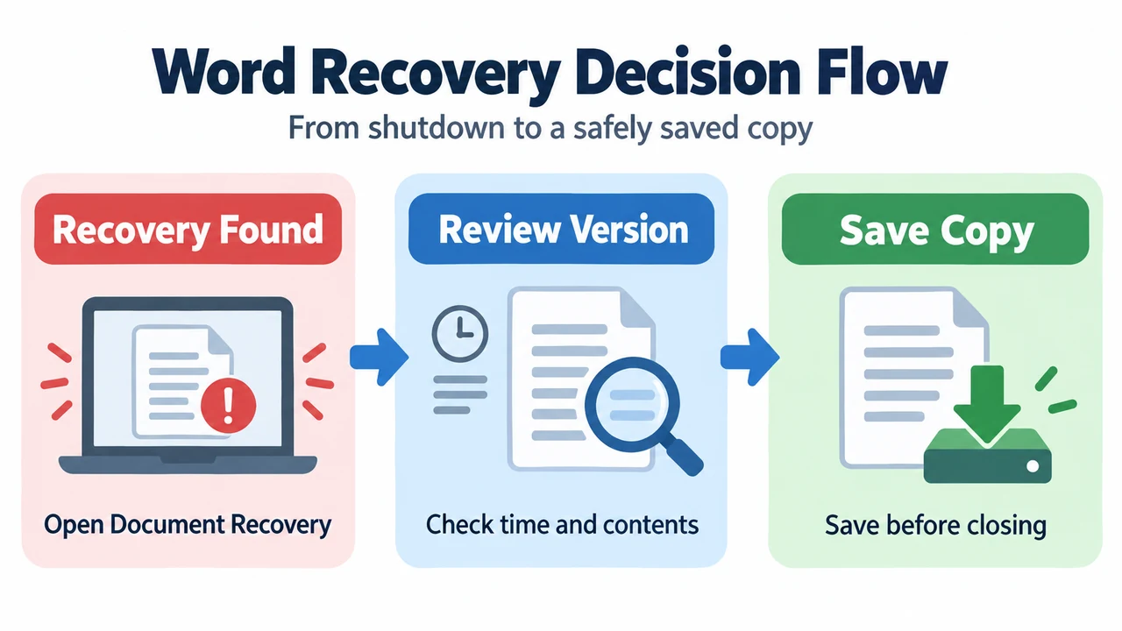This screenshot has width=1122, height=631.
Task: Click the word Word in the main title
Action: click(x=224, y=72)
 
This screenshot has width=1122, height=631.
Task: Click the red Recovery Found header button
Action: click(x=188, y=229)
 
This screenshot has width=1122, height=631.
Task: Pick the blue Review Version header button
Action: click(x=562, y=229)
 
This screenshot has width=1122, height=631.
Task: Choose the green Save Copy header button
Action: click(x=935, y=229)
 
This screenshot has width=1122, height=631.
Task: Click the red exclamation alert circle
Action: click(x=229, y=405)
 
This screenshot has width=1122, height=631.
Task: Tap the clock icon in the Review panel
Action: click(x=460, y=334)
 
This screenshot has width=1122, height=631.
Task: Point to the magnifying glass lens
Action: click(x=632, y=404)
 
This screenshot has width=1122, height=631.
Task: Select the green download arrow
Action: click(x=987, y=404)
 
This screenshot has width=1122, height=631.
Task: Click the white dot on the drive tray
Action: click(x=1033, y=466)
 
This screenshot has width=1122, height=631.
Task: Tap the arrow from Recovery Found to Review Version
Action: click(x=380, y=357)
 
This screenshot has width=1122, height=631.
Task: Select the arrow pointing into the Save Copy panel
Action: click(x=749, y=357)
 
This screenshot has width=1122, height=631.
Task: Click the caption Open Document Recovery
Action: click(x=188, y=525)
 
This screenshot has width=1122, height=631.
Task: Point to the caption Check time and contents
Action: click(x=562, y=525)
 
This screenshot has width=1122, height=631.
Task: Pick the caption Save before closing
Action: click(x=935, y=526)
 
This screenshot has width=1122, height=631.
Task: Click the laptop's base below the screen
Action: click(x=188, y=464)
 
